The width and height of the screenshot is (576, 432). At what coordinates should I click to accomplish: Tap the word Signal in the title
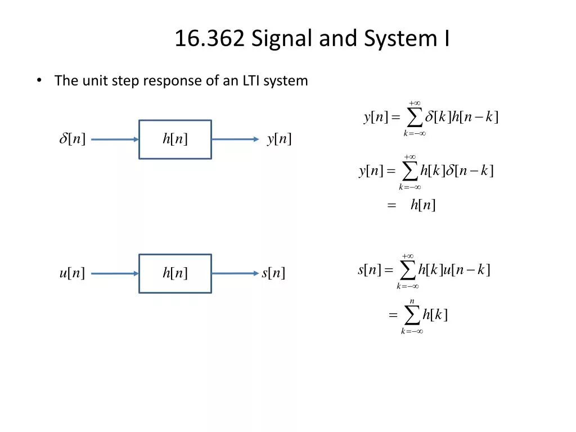[282, 39]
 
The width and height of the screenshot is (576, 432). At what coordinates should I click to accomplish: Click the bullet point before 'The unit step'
[39, 80]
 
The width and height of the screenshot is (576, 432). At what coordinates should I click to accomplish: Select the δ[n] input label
[73, 139]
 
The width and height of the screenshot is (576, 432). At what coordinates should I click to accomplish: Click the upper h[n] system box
[175, 139]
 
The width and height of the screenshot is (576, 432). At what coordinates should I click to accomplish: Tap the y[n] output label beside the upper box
[279, 139]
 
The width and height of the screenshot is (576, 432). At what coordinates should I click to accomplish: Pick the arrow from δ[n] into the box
[115, 139]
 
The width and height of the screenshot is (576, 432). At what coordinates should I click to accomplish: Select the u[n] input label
[72, 273]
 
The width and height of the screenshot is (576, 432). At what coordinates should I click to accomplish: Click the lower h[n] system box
[175, 273]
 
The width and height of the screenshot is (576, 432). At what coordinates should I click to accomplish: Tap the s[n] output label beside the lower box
[273, 273]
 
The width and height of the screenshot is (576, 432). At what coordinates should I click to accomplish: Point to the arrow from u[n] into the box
[115, 273]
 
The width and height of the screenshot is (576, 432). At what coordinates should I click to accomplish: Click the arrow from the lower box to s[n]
[235, 273]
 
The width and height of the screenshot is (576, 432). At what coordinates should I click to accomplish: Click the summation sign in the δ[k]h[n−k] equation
[414, 118]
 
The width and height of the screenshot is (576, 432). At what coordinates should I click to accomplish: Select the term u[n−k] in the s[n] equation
[467, 270]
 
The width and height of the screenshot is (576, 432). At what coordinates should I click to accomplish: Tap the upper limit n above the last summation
[412, 301]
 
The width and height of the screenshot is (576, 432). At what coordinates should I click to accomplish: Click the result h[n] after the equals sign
[423, 205]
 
